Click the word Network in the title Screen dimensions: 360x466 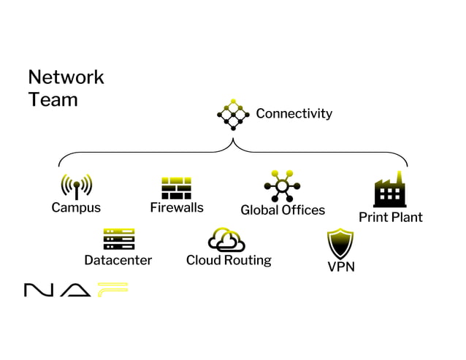pos(66,77)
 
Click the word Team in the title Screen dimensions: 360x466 pos(53,99)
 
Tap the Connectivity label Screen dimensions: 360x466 pos(294,113)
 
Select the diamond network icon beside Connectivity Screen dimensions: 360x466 pos(233,115)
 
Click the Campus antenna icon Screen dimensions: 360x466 pos(76,186)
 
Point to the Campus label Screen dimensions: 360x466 pos(76,207)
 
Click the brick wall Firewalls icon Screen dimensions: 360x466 pos(176,188)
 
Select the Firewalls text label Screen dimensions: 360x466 pos(177,207)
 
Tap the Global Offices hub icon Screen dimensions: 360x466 pos(282,186)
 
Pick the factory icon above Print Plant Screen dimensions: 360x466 pos(390,190)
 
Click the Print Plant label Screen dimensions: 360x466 pos(390,217)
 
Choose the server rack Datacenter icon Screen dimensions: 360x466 pos(119,239)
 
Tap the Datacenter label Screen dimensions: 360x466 pos(118,260)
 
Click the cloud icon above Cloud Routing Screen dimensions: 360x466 pos(226,240)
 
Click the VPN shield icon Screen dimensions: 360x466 pos(340,243)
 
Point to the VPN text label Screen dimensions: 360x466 pos(341,267)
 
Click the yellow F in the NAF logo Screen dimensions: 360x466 pos(112,290)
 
